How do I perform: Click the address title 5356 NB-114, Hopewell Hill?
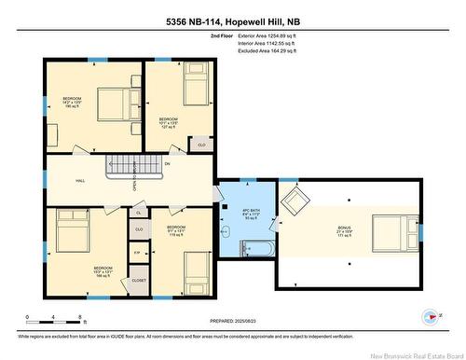click(x=232, y=20)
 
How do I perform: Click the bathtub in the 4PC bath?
click(x=254, y=247)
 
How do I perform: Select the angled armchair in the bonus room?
click(x=296, y=201)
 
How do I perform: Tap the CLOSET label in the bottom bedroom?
click(x=138, y=278)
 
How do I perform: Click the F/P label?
click(x=137, y=253)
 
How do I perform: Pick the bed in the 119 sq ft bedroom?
click(x=199, y=270)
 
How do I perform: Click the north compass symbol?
click(x=432, y=315)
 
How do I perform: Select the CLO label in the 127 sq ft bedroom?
click(x=201, y=145)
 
